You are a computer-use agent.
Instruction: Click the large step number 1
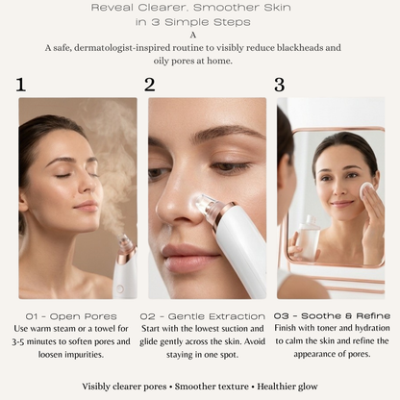pos(21,85)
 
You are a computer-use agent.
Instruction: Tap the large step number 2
pos(150,85)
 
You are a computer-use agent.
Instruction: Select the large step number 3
pos(280,85)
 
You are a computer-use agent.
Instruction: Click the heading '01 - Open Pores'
pos(71,316)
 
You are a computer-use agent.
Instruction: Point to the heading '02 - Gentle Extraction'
pos(203,316)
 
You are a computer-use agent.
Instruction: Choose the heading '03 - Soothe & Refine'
pos(332,316)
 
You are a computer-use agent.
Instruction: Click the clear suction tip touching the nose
pos(206,205)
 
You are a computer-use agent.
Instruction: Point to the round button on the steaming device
pos(120,288)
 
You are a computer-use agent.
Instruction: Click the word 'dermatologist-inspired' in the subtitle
pos(128,48)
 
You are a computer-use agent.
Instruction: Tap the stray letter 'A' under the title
pos(193,35)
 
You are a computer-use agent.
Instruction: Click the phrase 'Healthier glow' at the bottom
pos(287,387)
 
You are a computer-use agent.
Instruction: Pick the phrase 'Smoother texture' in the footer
pos(212,387)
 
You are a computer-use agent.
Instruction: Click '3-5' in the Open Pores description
pos(18,342)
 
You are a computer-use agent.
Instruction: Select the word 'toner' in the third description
pos(327,329)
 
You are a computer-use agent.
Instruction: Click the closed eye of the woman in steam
pos(62,175)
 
